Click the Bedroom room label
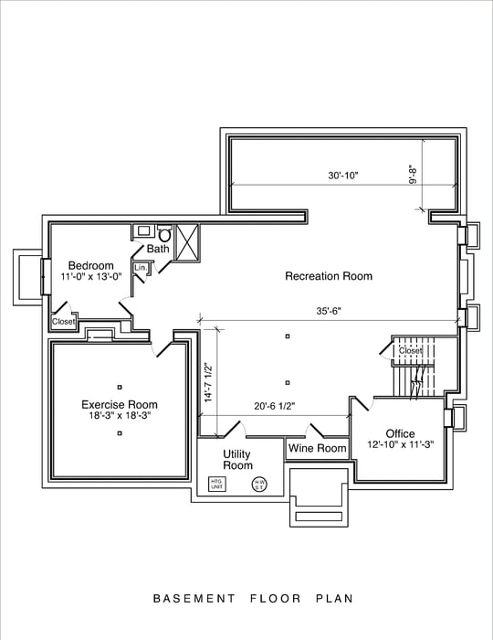(x=90, y=265)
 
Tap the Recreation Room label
(x=329, y=276)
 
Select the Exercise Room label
(x=119, y=404)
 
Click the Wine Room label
(x=318, y=448)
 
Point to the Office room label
(x=400, y=433)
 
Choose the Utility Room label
(x=237, y=460)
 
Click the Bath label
(x=158, y=249)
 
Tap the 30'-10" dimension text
(x=343, y=176)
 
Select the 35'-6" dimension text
(x=328, y=311)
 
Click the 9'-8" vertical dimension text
(x=413, y=174)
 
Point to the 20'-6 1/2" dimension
(x=279, y=407)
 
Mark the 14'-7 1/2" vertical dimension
(x=209, y=381)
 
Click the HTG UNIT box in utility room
(x=216, y=484)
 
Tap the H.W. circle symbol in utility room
(x=259, y=484)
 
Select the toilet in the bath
(x=165, y=233)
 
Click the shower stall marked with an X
(x=186, y=242)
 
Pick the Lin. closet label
(x=140, y=268)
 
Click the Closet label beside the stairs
(x=411, y=350)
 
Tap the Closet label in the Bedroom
(x=63, y=322)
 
